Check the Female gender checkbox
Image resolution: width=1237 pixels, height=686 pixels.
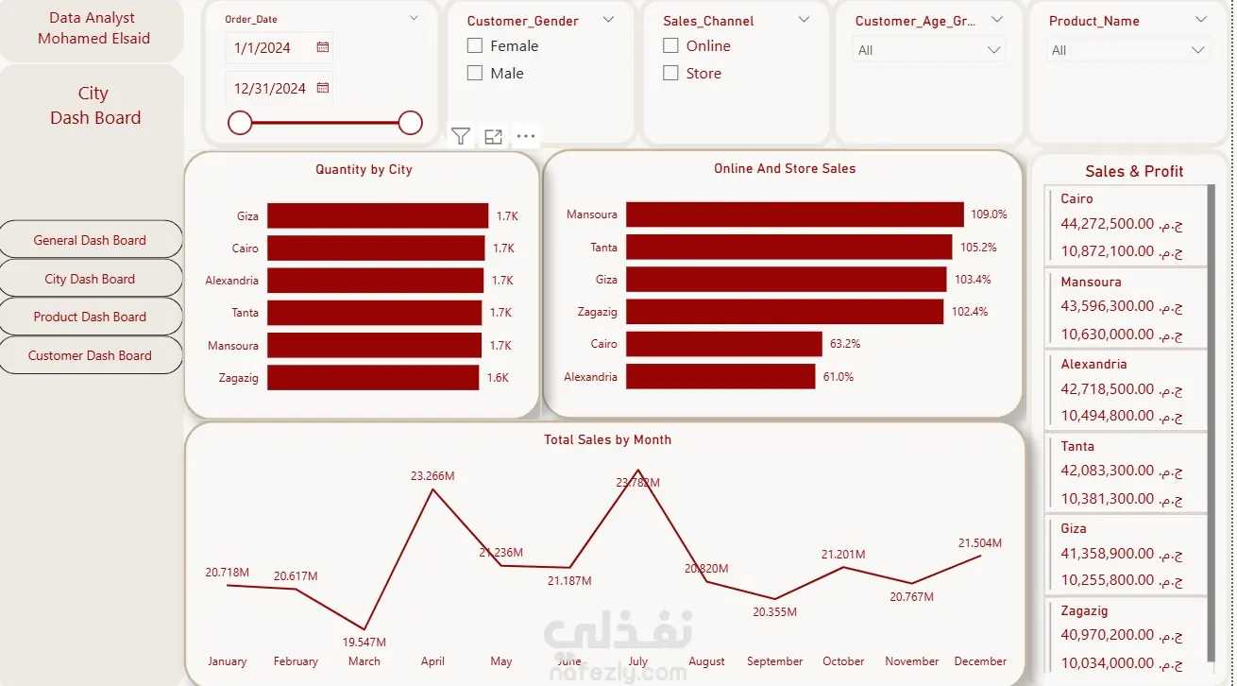click(474, 45)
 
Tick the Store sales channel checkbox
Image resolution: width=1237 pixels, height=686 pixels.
click(670, 73)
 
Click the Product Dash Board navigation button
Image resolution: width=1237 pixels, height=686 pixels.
click(91, 317)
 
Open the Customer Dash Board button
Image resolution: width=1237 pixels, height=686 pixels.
click(91, 355)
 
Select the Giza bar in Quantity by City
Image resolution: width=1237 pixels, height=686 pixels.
click(378, 215)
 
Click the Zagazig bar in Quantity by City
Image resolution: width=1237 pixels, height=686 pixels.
click(373, 378)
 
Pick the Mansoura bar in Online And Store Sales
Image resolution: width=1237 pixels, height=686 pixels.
click(795, 214)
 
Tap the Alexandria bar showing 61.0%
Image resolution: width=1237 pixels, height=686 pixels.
click(720, 376)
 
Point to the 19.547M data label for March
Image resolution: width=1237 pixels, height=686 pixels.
click(364, 643)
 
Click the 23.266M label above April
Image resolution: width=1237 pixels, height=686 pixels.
click(432, 476)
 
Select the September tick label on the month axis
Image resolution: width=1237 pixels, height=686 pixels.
click(775, 661)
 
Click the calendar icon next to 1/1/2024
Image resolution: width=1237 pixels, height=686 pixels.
click(323, 47)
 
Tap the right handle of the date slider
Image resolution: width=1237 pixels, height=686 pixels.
click(411, 123)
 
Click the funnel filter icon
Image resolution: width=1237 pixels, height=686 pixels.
click(461, 136)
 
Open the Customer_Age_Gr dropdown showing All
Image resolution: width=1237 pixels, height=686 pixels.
click(929, 50)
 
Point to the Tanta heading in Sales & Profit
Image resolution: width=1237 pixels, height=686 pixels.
click(1077, 446)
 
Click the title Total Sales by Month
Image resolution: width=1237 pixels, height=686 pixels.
click(607, 439)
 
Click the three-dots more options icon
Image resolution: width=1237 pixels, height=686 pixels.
click(526, 136)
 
